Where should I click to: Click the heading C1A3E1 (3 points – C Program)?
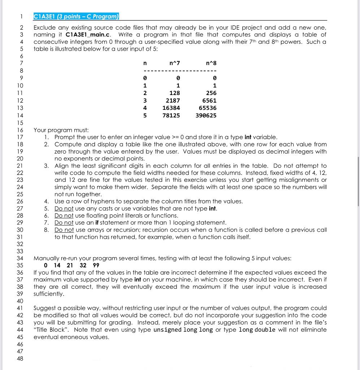coord(76,17)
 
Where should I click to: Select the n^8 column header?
coord(211,64)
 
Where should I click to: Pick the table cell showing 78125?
coord(171,115)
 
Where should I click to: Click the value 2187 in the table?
coord(173,100)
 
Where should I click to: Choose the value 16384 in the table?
coord(171,108)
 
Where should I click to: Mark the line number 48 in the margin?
coord(20,358)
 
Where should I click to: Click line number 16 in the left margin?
coord(20,130)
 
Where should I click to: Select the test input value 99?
coord(95,265)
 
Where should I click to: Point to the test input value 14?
coord(57,265)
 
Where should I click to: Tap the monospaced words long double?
coord(257,330)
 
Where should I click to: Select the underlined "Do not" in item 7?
coord(64,223)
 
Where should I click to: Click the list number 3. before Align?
coord(47,165)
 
